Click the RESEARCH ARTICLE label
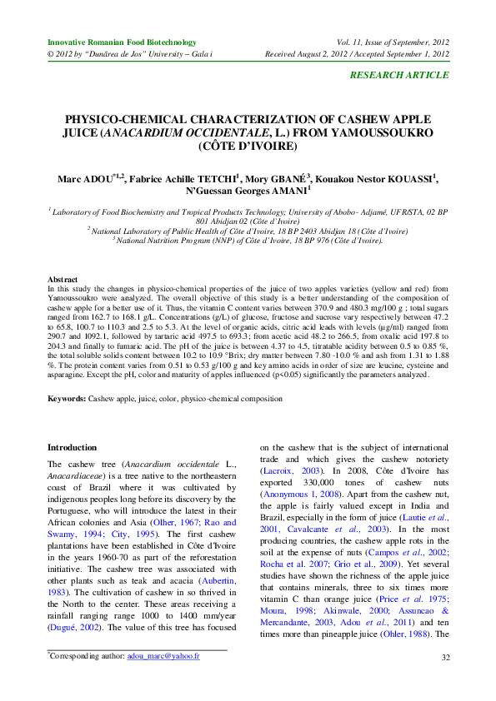click(x=398, y=76)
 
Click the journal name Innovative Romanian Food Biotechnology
click(x=122, y=42)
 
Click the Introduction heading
click(x=73, y=447)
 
